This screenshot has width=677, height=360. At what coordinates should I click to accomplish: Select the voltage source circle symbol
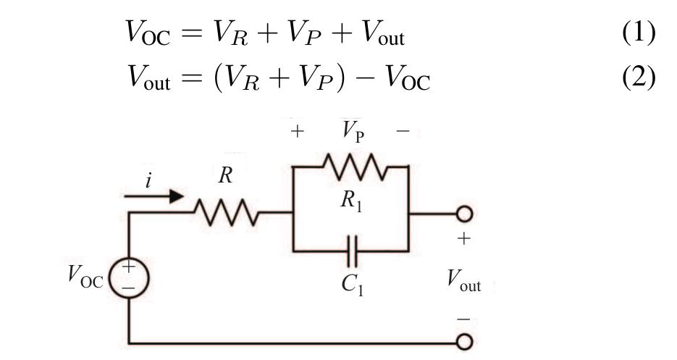click(130, 277)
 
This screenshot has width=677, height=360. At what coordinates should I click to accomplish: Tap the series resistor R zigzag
click(227, 213)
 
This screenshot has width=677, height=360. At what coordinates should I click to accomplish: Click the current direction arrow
click(154, 196)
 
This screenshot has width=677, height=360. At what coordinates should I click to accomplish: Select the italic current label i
click(148, 180)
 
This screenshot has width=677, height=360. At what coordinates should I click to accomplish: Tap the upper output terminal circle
click(463, 214)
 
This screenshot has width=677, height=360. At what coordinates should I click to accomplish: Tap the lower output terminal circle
click(463, 340)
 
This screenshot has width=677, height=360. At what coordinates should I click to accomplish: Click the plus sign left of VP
click(297, 133)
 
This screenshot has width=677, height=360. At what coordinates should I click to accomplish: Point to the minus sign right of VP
click(403, 133)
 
